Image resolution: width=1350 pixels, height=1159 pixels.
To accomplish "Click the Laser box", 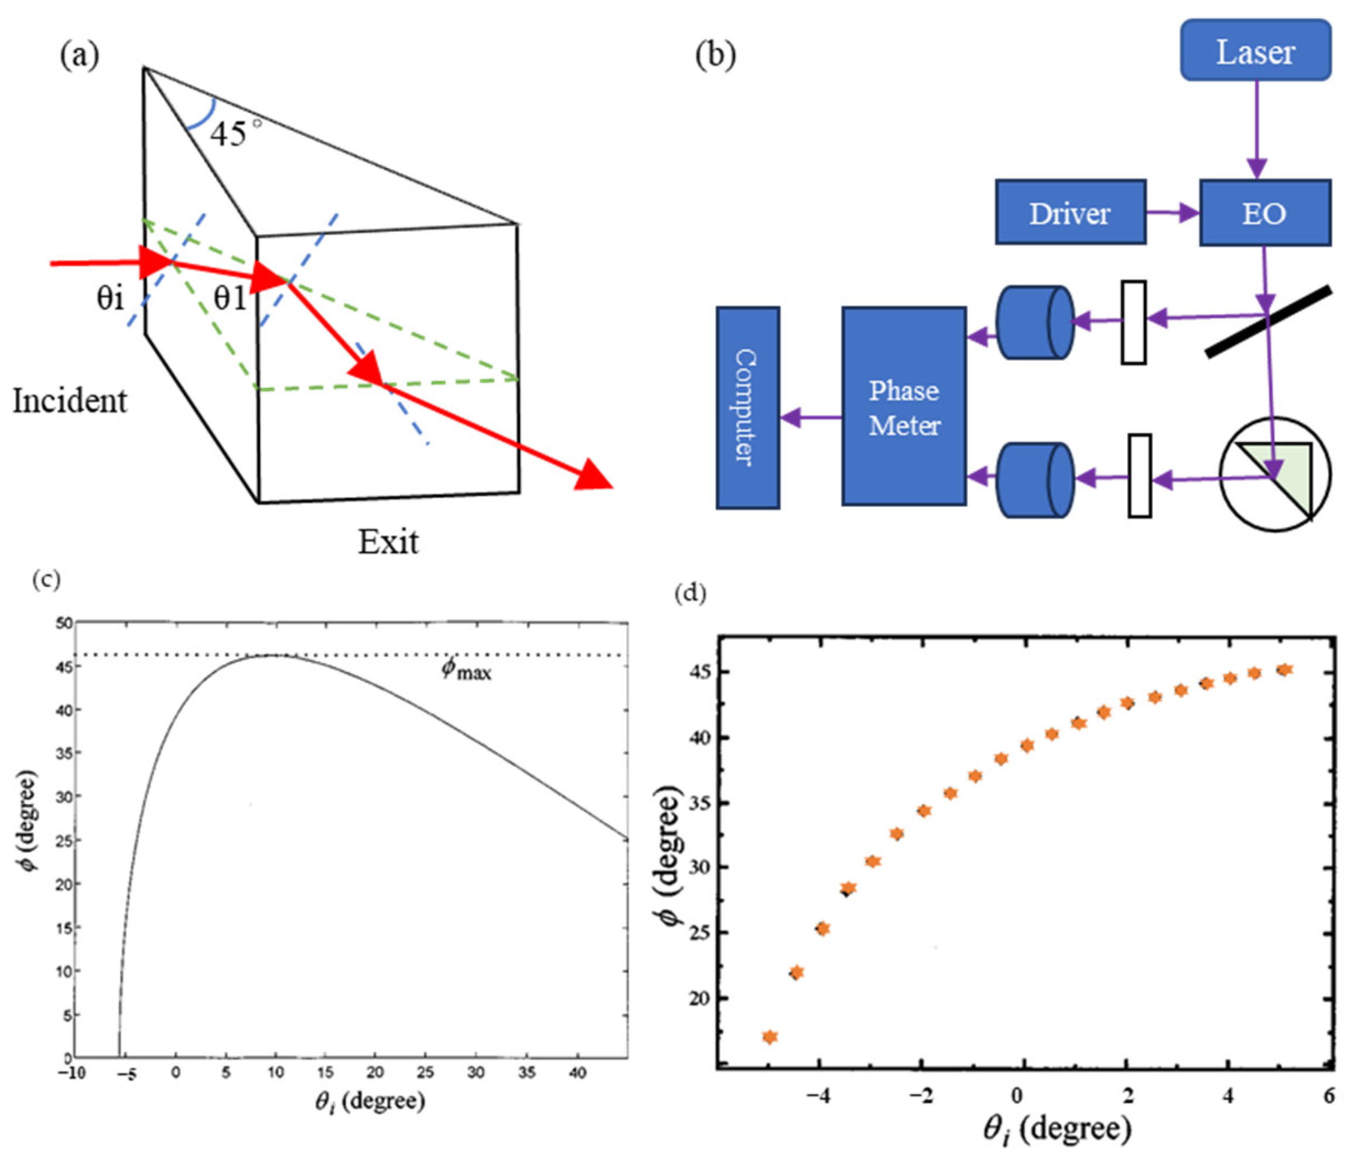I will (x=1255, y=51).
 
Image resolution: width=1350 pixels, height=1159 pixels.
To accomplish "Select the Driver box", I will (x=1070, y=212).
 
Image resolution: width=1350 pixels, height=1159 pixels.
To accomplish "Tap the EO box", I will (x=1264, y=212).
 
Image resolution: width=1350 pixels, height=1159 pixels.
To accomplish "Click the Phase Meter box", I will (x=904, y=407).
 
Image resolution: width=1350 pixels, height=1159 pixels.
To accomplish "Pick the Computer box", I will (x=747, y=407).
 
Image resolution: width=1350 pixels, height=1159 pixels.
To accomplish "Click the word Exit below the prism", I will (x=388, y=541).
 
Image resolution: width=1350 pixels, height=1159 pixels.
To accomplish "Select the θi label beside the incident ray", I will (x=110, y=297).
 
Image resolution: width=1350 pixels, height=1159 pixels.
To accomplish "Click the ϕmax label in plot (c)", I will (x=467, y=670).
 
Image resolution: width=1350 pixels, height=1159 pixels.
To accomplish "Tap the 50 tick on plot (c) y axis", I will (x=63, y=624).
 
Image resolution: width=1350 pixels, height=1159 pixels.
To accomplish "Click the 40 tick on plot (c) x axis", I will (x=577, y=1072).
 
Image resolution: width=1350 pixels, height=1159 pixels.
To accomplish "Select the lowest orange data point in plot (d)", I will (x=770, y=1037).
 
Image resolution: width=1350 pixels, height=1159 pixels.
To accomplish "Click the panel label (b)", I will (x=715, y=57).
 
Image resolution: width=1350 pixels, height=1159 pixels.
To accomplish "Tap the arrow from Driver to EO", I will (x=1173, y=212).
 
